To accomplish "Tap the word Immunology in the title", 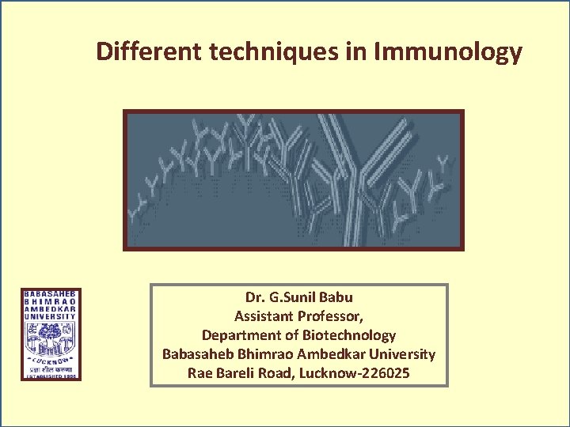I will (x=448, y=53).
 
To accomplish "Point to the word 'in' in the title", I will (x=355, y=52).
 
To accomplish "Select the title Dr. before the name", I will (x=256, y=297).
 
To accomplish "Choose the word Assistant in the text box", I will (x=264, y=316).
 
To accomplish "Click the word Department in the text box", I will (x=237, y=335).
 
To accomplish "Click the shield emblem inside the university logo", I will (x=51, y=340).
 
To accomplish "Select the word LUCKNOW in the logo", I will (x=51, y=360).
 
